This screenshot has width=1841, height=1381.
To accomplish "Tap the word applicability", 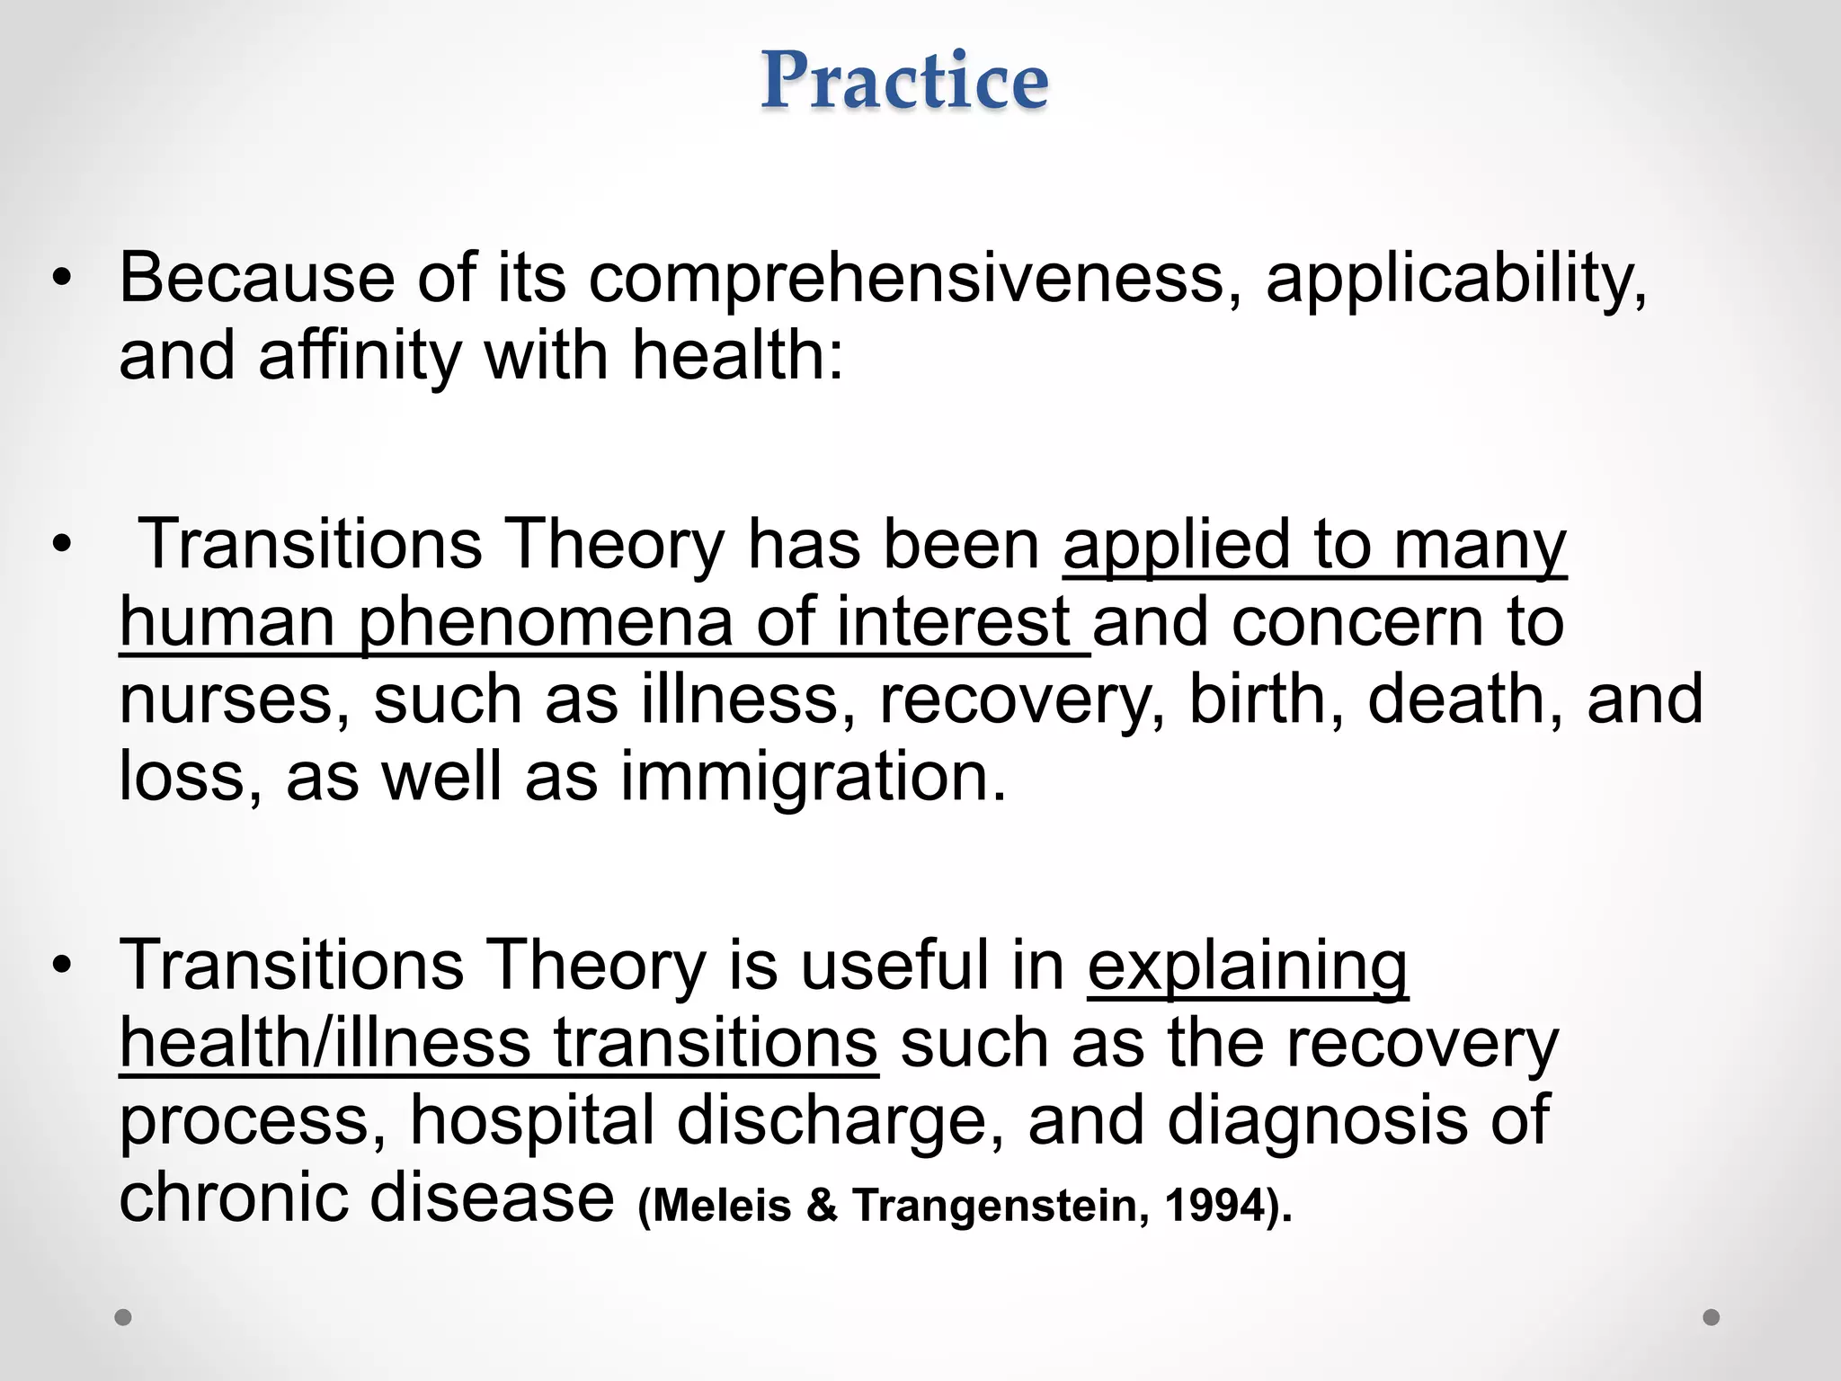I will [1456, 279].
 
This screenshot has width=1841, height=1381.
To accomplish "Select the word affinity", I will [360, 355].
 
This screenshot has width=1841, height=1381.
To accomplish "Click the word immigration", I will [814, 778].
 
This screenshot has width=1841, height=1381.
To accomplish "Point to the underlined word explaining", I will [1248, 967].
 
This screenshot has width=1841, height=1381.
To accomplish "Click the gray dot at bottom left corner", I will [123, 1317].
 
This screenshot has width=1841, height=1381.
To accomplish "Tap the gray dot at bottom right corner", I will [1712, 1317].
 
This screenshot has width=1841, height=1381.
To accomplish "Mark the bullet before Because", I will [61, 279].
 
